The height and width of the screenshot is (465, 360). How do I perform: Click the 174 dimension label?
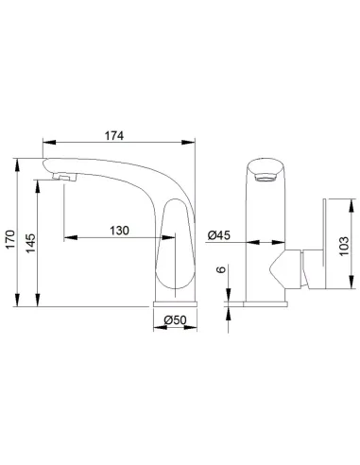pos(114,135)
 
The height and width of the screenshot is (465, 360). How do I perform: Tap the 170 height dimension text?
pos(10,239)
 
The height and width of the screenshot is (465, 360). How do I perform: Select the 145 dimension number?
pos(30,243)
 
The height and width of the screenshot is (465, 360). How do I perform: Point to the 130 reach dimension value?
pos(119,231)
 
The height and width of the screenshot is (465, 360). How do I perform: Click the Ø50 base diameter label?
pos(175,320)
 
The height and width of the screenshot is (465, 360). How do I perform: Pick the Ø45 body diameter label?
pos(219,235)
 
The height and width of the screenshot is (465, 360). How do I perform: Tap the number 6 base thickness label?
pos(222,269)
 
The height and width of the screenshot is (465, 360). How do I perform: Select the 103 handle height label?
pos(344,246)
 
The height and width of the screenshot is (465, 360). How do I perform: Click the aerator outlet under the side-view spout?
pos(64,178)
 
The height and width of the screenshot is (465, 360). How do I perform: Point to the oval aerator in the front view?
pos(266,179)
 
